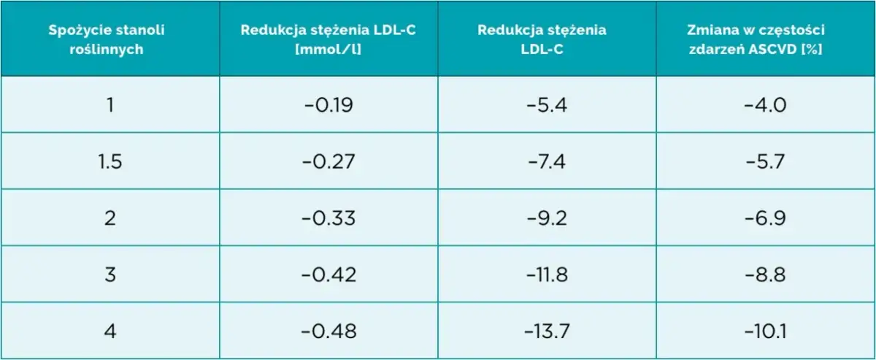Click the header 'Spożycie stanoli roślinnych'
point(109,39)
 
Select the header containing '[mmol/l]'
point(328,39)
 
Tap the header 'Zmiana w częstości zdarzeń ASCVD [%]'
point(765,39)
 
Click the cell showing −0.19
point(328,105)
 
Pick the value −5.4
point(547,105)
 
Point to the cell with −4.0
point(765,105)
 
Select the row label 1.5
point(109,161)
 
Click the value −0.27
point(328,161)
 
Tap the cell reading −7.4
point(547,161)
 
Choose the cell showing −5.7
point(765,161)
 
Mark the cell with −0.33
point(328,218)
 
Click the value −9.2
point(547,218)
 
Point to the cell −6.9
point(765,218)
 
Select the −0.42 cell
point(328,275)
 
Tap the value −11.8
point(547,275)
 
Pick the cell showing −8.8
point(765,275)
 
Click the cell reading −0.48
point(328,332)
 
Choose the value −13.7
point(547,332)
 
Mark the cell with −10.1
point(765,332)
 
